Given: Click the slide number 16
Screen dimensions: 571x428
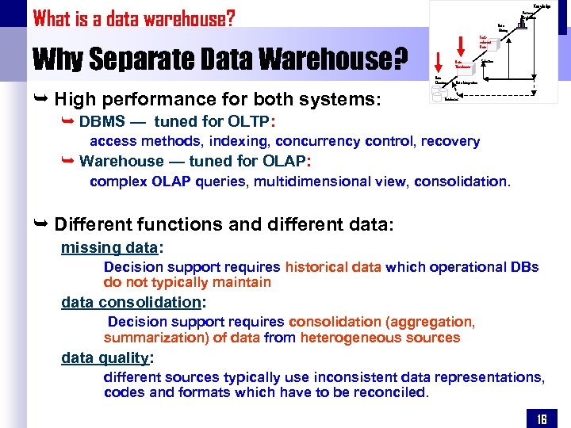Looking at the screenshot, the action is coord(542,418).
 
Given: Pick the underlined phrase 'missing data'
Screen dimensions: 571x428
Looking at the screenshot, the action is coord(109,247).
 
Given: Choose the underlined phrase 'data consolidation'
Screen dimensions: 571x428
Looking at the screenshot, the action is coord(132,302).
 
